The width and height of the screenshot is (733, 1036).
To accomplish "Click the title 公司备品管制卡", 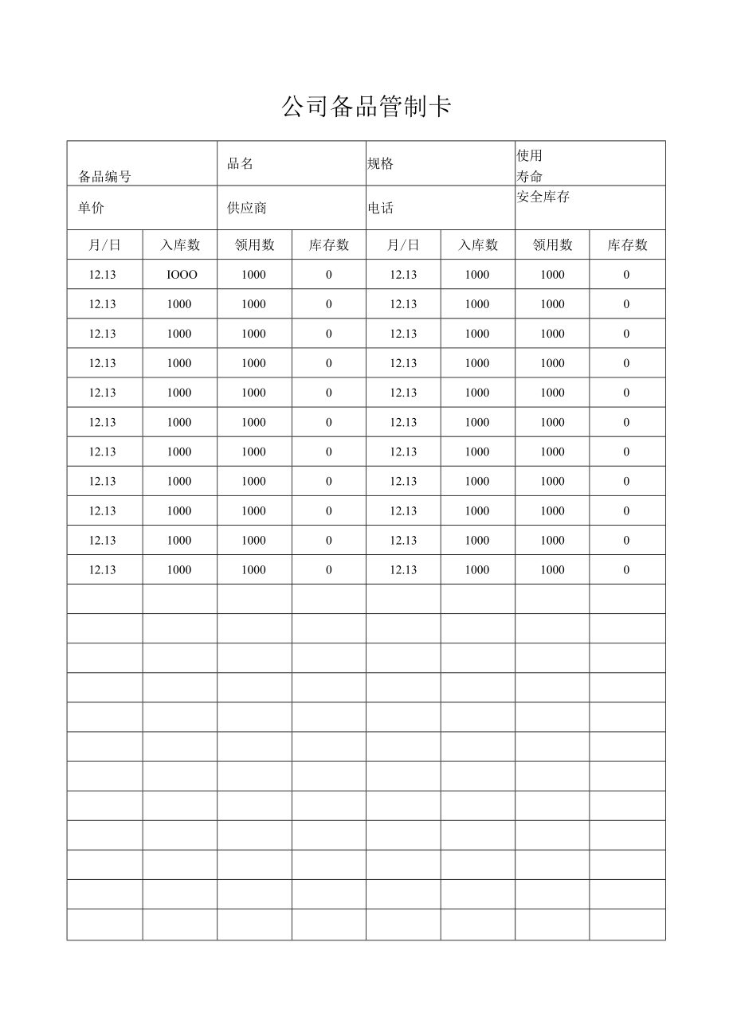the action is pyautogui.click(x=366, y=107).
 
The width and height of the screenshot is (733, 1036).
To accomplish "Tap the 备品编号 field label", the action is pyautogui.click(x=104, y=177).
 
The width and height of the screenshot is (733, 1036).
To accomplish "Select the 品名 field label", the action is pyautogui.click(x=241, y=164).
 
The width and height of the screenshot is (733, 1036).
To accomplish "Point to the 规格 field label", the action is pyautogui.click(x=381, y=164).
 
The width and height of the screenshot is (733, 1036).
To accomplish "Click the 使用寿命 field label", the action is pyautogui.click(x=529, y=166).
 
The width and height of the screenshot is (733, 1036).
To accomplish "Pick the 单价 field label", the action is pyautogui.click(x=91, y=208).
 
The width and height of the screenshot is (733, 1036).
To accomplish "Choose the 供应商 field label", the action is pyautogui.click(x=247, y=208).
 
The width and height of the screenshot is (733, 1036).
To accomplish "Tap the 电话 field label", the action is pyautogui.click(x=381, y=209).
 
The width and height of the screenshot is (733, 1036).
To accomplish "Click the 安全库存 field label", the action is pyautogui.click(x=543, y=197).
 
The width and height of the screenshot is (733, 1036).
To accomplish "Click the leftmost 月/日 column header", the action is pyautogui.click(x=104, y=245).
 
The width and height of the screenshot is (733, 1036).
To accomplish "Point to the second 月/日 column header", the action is pyautogui.click(x=403, y=245).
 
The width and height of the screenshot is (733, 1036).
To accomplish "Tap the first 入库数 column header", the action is pyautogui.click(x=180, y=245).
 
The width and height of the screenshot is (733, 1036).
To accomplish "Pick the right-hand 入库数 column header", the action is pyautogui.click(x=478, y=245).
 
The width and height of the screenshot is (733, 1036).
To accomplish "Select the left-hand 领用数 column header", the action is pyautogui.click(x=254, y=245).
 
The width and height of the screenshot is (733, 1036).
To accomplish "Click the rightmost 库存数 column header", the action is pyautogui.click(x=627, y=245).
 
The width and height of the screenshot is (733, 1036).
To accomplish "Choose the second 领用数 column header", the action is pyautogui.click(x=552, y=245).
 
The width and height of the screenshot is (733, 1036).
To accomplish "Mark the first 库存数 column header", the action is pyautogui.click(x=329, y=245).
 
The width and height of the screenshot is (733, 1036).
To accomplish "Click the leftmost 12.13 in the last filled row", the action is pyautogui.click(x=103, y=570).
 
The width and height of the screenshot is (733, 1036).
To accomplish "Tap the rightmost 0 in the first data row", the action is pyautogui.click(x=626, y=275).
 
